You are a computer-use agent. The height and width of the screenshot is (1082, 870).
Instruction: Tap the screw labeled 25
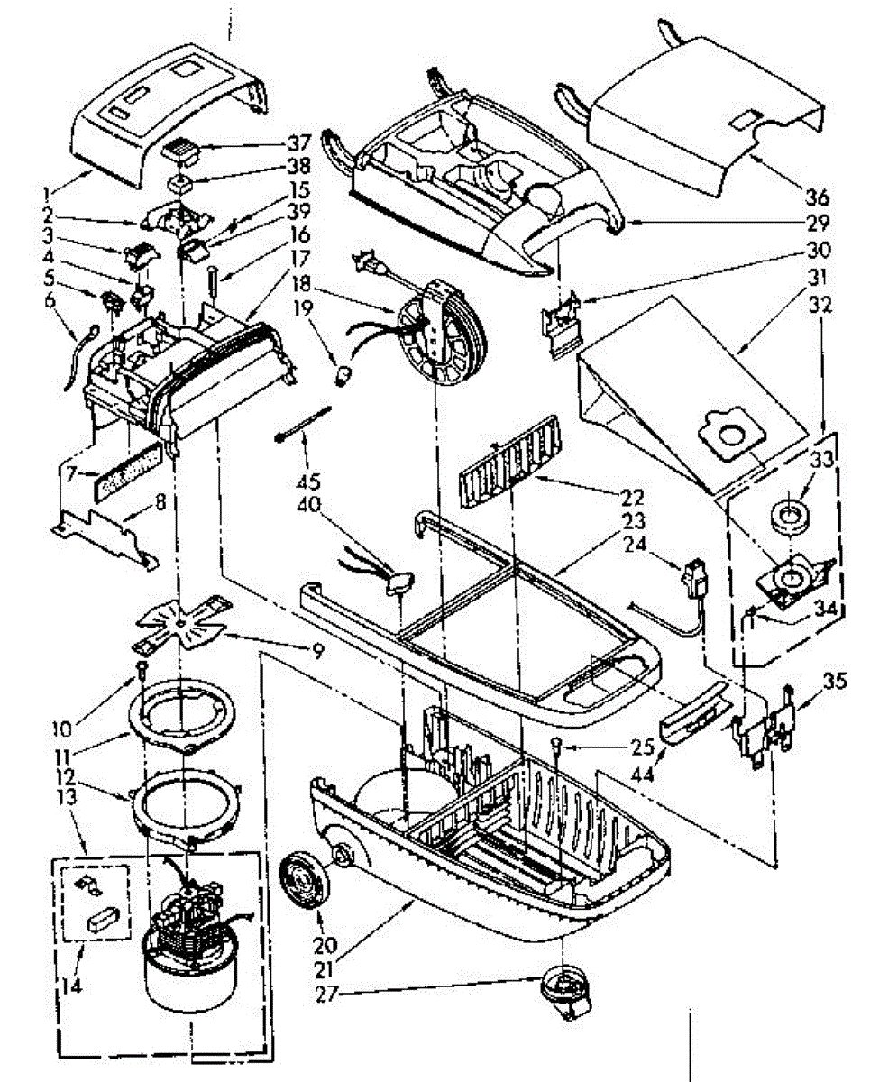557,745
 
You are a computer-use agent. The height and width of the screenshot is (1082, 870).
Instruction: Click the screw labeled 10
143,669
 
